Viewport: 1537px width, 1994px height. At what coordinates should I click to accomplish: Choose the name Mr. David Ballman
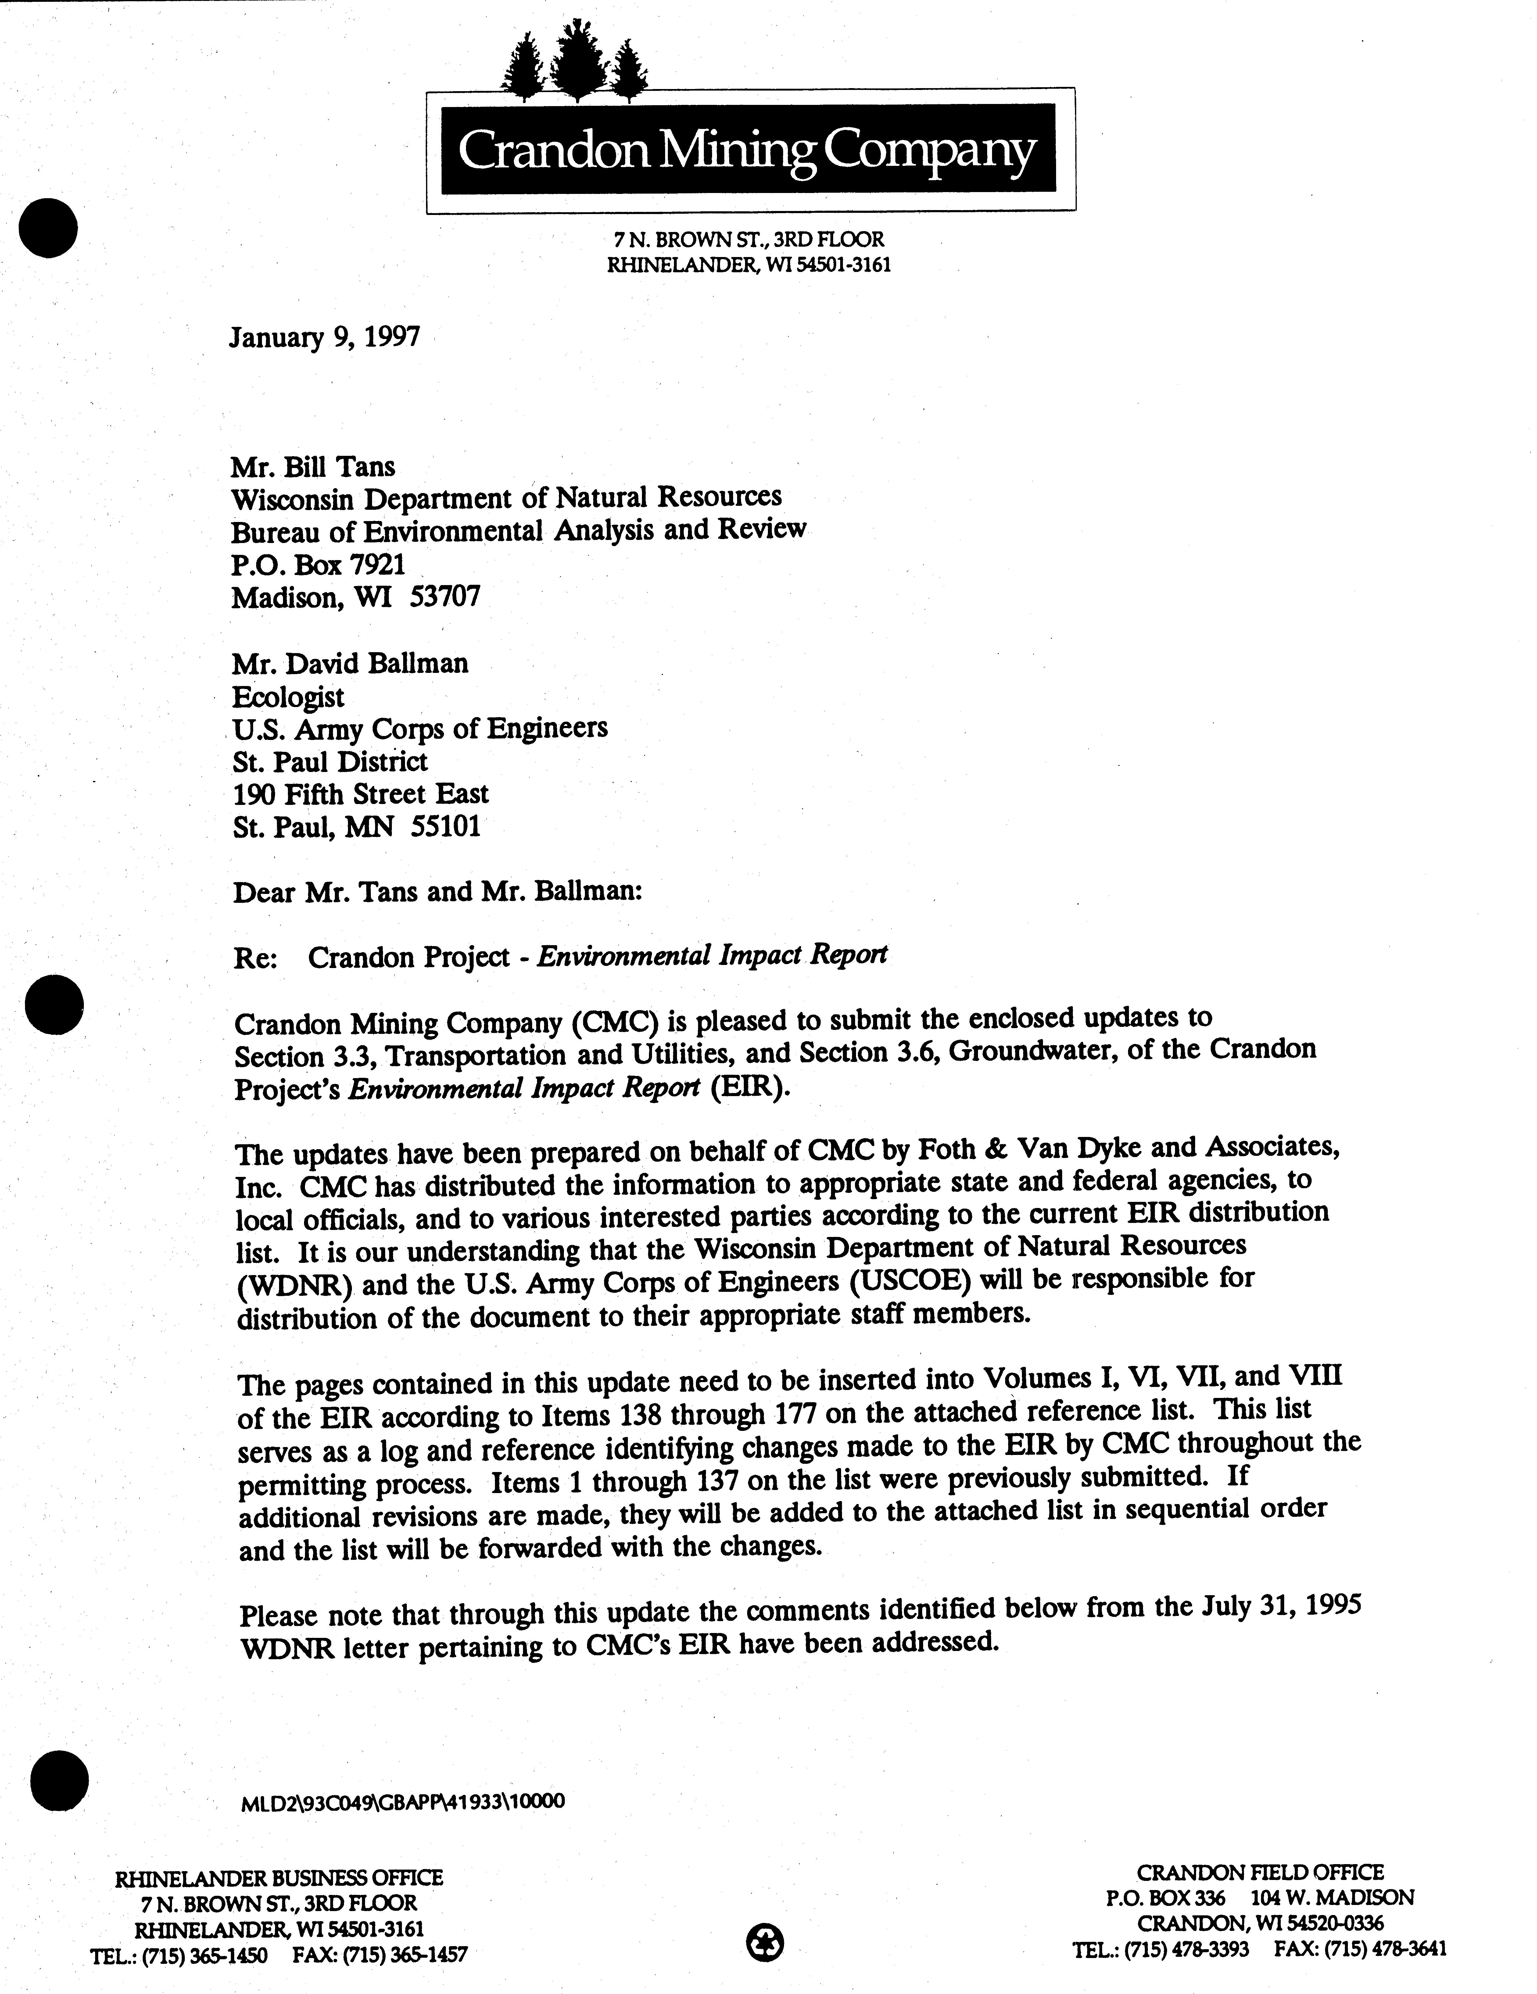(x=350, y=663)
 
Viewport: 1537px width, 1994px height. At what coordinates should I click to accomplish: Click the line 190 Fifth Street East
(x=361, y=793)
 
